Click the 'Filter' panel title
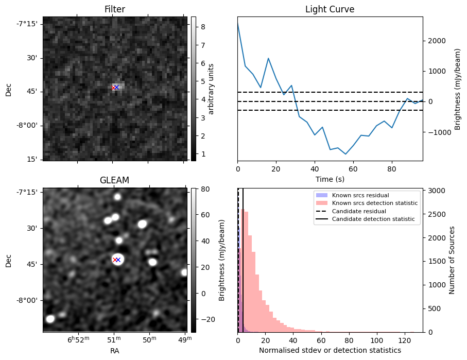pyautogui.click(x=114, y=9)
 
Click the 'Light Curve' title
pyautogui.click(x=330, y=9)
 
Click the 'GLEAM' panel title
pyautogui.click(x=114, y=180)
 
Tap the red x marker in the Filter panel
pyautogui.click(x=114, y=88)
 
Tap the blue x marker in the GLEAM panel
pyautogui.click(x=118, y=260)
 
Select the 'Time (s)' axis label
pyautogui.click(x=330, y=179)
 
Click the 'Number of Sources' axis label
pyautogui.click(x=452, y=260)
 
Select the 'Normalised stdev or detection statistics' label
pyautogui.click(x=330, y=351)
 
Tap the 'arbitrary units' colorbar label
pyautogui.click(x=211, y=89)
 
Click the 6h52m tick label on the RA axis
pyautogui.click(x=78, y=339)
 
